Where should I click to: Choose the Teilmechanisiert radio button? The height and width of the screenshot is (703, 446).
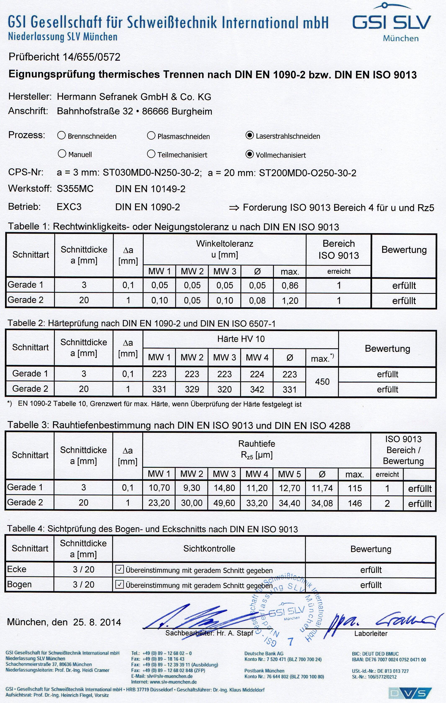click(151, 154)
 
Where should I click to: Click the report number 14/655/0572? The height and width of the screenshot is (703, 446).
click(92, 57)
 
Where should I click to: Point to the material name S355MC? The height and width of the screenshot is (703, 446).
click(75, 189)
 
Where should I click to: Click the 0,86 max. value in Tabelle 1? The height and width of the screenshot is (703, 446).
click(290, 285)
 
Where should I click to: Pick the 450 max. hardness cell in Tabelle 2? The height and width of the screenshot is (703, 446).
click(322, 382)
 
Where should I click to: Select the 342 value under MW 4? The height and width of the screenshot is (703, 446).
click(257, 389)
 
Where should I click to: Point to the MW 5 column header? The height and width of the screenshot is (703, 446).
click(289, 474)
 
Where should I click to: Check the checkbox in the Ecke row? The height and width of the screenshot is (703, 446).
click(120, 570)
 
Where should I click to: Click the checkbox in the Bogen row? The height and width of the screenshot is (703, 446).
click(120, 585)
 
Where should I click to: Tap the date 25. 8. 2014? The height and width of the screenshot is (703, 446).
click(97, 622)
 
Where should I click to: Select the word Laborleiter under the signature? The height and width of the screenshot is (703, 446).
click(371, 633)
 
